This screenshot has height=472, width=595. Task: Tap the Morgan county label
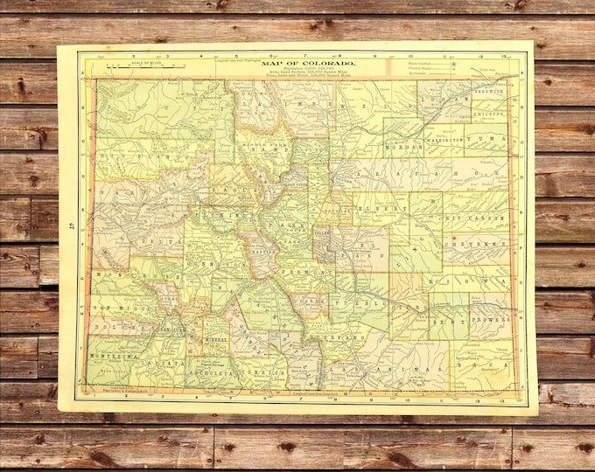[404, 146]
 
